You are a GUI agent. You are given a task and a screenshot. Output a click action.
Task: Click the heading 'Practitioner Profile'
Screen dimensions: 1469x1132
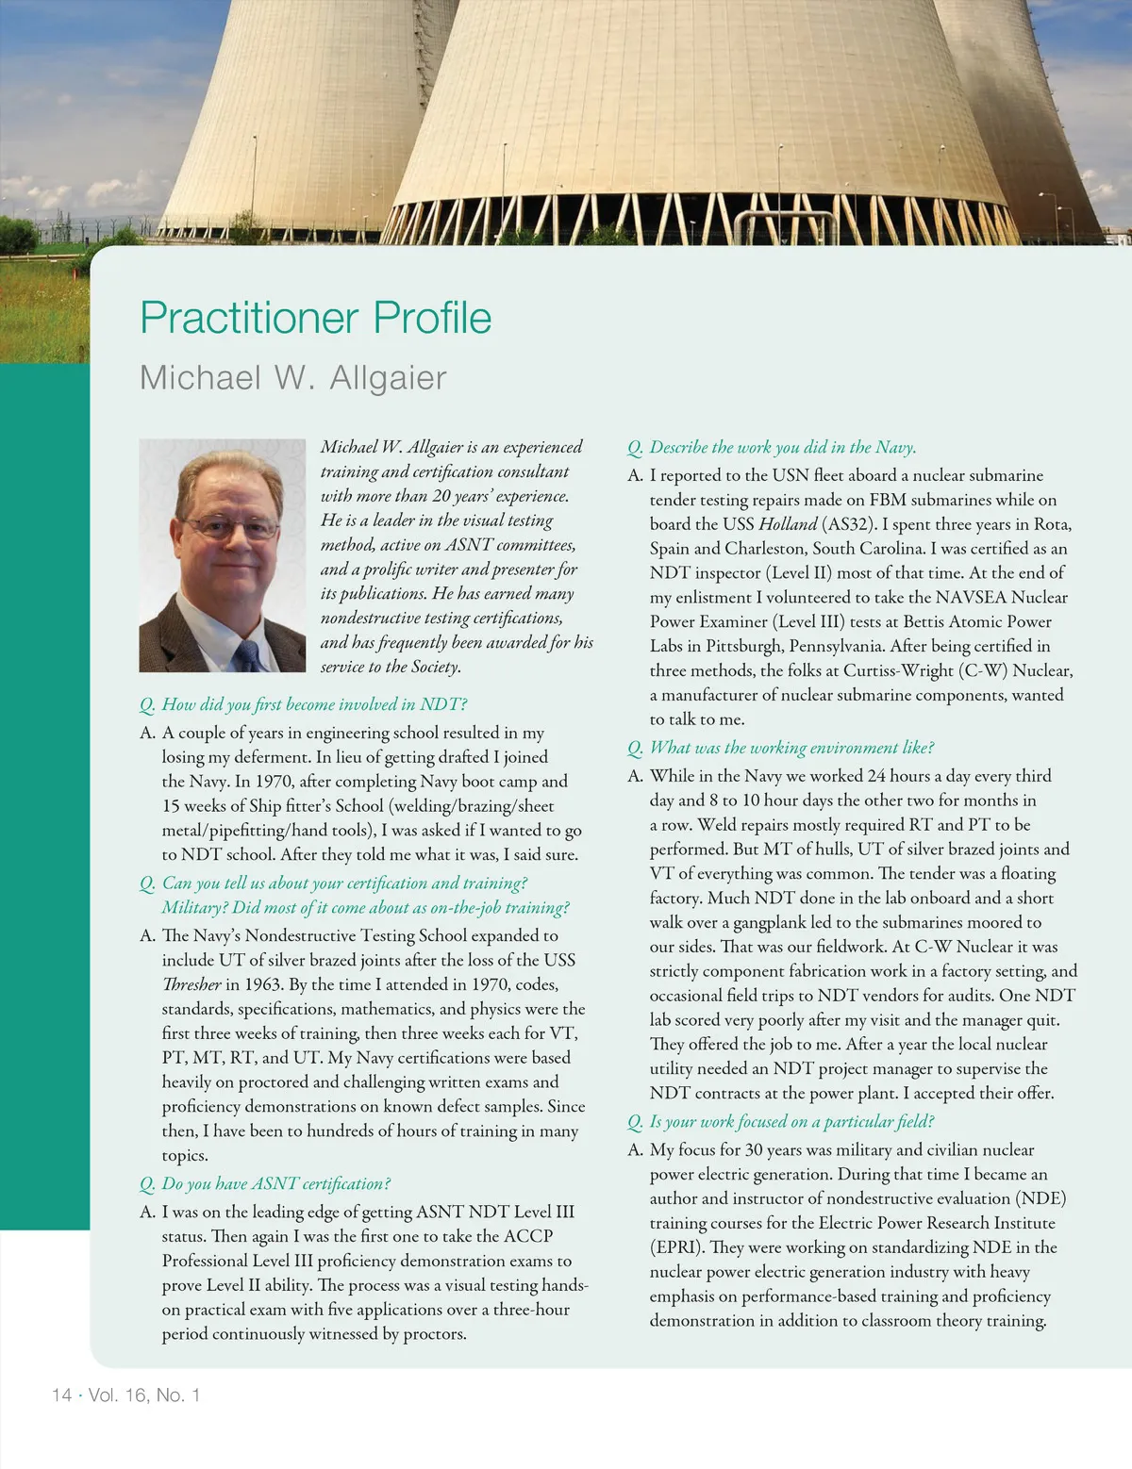click(x=315, y=318)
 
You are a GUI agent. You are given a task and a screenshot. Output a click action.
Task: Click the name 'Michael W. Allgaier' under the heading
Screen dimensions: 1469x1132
click(x=292, y=378)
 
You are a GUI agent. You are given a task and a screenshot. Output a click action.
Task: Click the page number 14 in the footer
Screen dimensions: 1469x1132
click(x=61, y=1395)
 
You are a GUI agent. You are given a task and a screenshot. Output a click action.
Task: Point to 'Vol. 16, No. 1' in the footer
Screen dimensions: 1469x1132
click(x=144, y=1395)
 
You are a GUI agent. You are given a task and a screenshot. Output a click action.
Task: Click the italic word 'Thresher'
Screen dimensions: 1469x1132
click(x=191, y=984)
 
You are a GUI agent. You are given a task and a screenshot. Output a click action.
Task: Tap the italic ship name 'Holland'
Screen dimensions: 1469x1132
click(x=788, y=524)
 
